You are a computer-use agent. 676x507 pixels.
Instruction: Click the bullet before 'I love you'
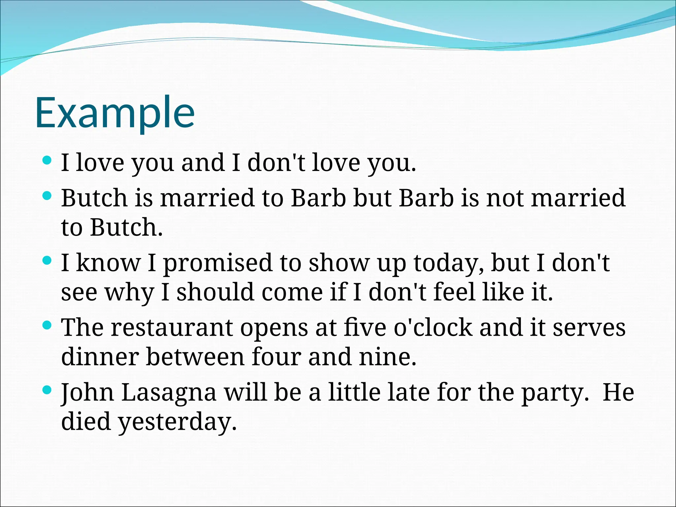48,161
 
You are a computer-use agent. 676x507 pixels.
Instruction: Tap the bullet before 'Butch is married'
48,196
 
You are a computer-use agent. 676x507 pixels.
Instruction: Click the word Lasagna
169,393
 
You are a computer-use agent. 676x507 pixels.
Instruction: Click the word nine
387,357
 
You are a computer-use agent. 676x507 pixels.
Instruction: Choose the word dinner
100,357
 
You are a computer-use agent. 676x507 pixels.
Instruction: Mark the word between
195,357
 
